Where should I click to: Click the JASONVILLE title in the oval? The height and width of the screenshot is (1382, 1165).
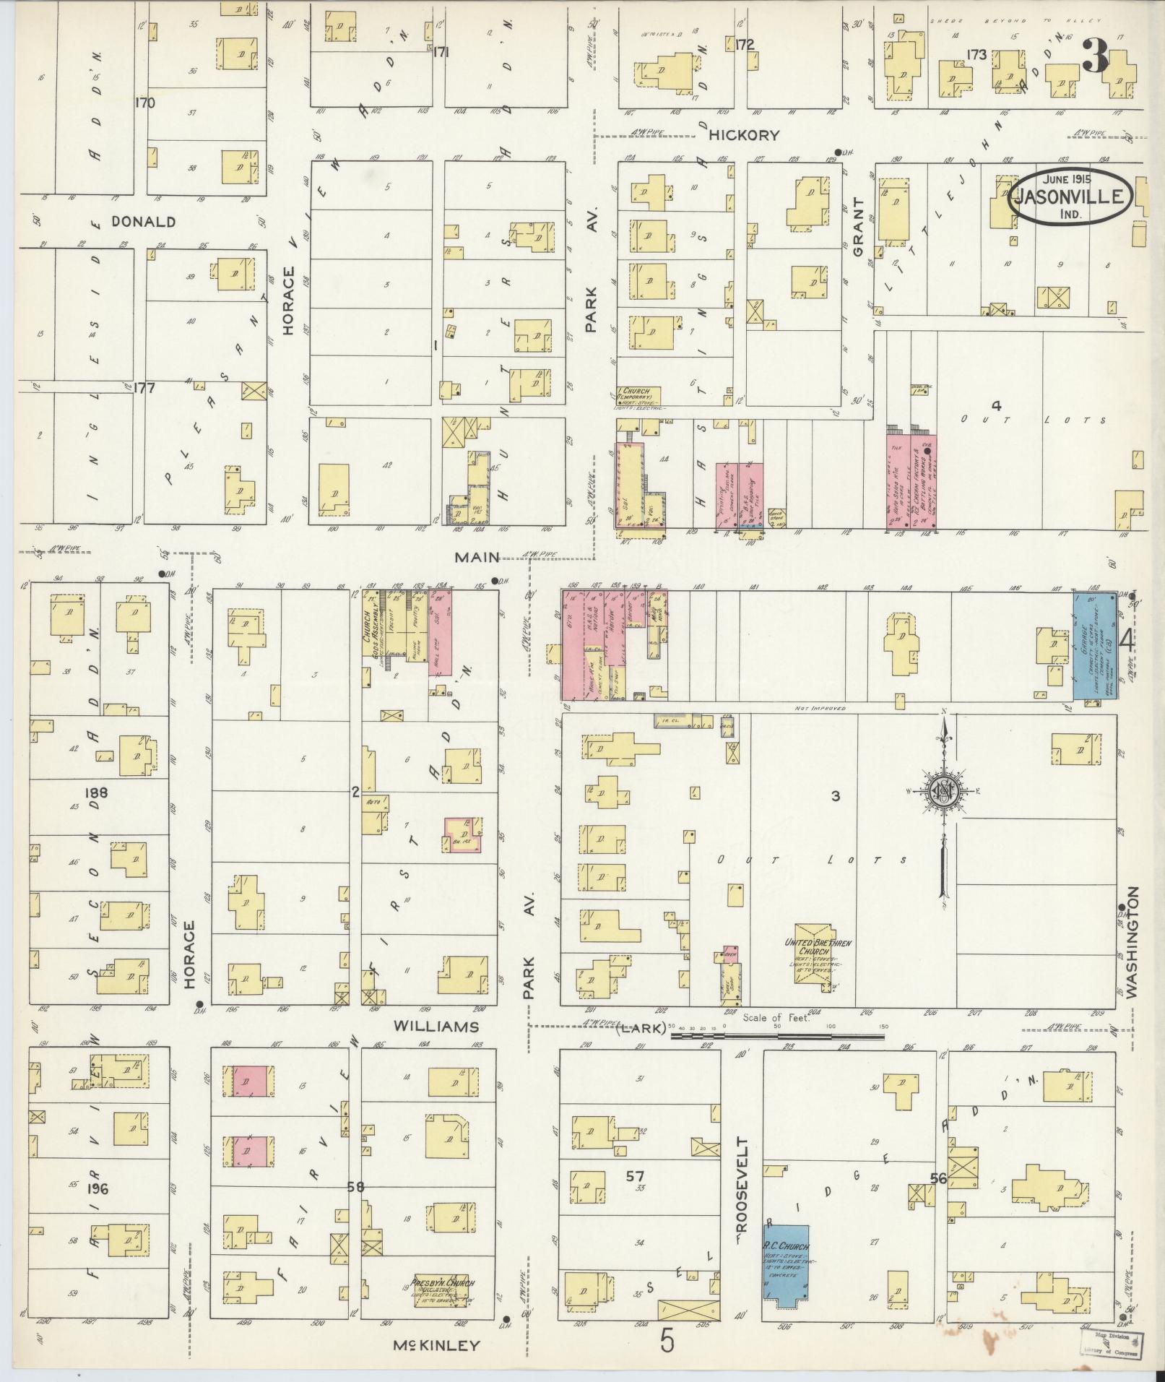point(1071,196)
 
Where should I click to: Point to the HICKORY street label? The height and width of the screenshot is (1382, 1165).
point(743,135)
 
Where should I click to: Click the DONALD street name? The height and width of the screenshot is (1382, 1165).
point(143,222)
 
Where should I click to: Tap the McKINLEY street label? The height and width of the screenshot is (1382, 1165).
point(436,1345)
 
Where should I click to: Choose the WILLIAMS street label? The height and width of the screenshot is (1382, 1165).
point(438,1027)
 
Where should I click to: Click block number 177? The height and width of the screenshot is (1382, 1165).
point(144,388)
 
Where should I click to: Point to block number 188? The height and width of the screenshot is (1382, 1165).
point(95,793)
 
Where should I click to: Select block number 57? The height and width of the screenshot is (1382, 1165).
point(635,1177)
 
